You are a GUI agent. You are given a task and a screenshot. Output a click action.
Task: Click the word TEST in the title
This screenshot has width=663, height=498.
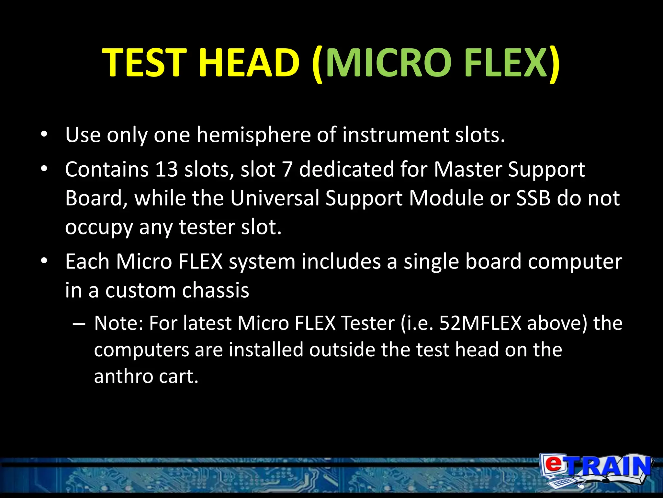[x=144, y=62]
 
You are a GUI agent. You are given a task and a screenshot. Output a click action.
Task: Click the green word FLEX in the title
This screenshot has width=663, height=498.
[x=505, y=62]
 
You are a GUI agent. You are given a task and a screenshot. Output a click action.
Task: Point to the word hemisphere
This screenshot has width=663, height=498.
[x=253, y=135]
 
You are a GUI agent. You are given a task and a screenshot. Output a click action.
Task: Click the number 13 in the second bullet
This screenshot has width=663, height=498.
[x=166, y=169]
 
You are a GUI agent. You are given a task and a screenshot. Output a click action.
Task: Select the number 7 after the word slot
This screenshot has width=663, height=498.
[x=287, y=169]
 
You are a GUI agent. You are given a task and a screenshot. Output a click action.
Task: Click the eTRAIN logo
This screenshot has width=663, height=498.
[x=596, y=470]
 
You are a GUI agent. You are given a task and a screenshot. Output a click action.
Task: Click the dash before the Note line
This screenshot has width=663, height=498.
[x=79, y=324]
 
